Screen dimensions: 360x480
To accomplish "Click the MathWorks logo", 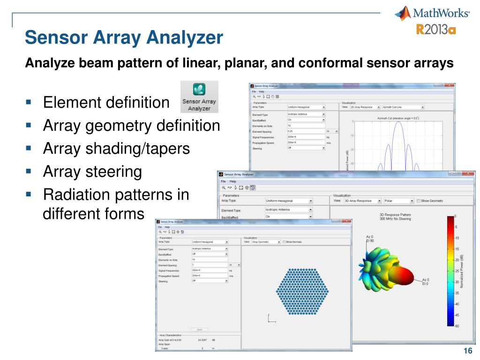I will pos(432,13).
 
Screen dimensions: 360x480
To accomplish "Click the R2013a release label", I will pos(436,30).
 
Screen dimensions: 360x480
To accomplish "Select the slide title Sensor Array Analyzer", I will pos(124,37).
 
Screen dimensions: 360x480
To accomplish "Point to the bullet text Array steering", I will pos(92,172).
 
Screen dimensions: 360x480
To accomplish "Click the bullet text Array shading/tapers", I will pos(116,149).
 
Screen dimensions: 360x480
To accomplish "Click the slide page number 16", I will pos(466,352).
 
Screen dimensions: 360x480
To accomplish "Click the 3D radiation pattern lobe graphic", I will pos(389,270).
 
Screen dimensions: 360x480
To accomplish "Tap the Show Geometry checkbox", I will pos(419,201).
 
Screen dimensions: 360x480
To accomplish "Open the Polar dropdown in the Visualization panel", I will pos(398,201).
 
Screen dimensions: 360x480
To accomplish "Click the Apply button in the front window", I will pos(199,330).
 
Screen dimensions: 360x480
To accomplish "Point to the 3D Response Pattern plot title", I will pos(395,217).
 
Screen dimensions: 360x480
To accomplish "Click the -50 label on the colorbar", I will pos(457,326).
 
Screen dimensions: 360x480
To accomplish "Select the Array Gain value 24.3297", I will pos(202,339).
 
